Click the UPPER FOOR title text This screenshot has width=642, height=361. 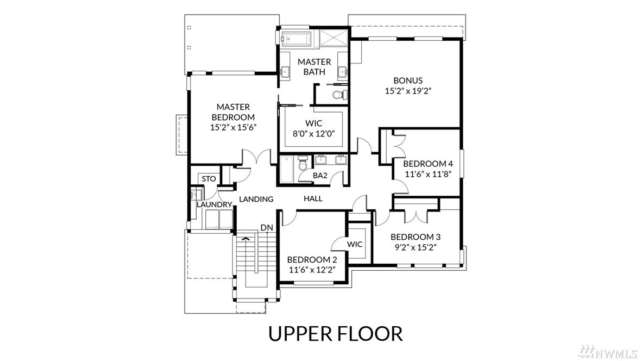pos(335,334)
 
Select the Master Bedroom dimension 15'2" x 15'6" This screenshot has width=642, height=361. pos(233,127)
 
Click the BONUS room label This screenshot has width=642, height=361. pos(408,80)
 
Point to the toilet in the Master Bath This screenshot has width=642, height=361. pos(339,95)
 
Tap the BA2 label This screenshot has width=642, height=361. pos(320,176)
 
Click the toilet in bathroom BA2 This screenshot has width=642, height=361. pos(303,163)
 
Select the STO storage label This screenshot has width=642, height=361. pos(209,179)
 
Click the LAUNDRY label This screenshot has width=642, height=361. pos(215,204)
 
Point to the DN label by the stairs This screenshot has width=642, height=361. pos(267,227)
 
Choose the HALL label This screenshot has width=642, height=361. pos(313,198)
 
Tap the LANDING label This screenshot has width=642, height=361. pos(256,199)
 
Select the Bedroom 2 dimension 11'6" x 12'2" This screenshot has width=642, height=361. pos(312,270)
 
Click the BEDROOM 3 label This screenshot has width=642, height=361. pos(415,237)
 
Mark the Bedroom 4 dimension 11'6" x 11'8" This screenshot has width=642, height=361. pos(428,174)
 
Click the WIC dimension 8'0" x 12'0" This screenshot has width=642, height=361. pos(313,134)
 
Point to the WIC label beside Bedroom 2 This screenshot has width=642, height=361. pos(355,244)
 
